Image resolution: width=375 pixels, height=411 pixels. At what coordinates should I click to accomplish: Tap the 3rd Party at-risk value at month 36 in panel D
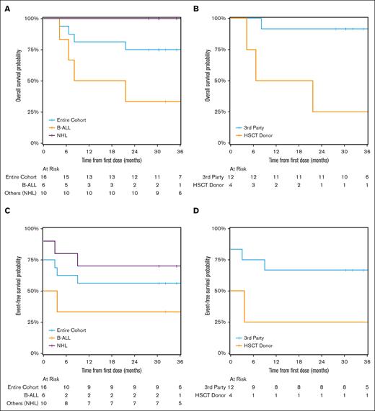click(x=367, y=388)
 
